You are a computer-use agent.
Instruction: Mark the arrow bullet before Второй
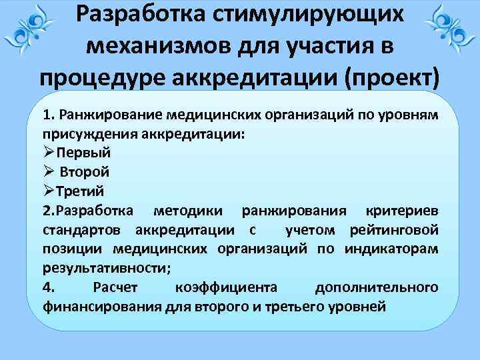[x=49, y=171]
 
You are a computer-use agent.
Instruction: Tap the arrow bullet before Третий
[x=49, y=191]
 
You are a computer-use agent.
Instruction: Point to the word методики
[x=191, y=211]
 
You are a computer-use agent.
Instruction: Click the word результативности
[x=105, y=269]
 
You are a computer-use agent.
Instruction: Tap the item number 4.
[x=47, y=288]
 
